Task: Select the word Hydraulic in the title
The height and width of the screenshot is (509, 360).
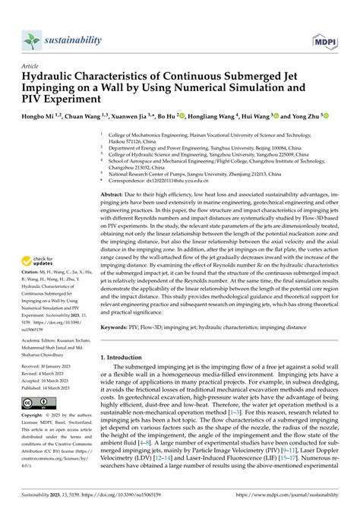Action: pyautogui.click(x=52, y=77)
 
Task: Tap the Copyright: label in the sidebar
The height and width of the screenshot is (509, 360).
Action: pyautogui.click(x=37, y=437)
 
